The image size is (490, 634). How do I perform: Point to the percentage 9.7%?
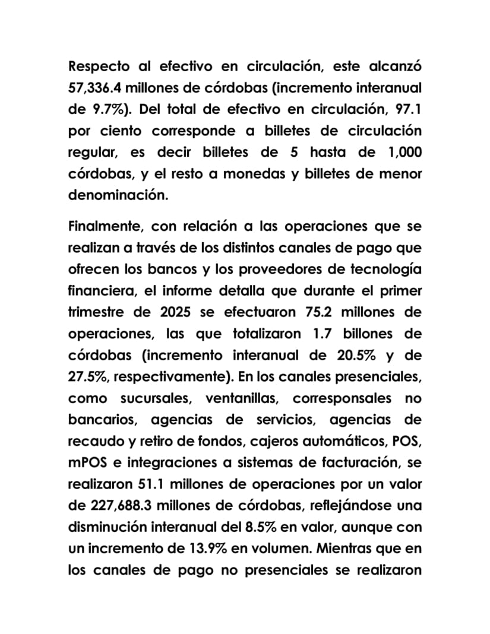[x=109, y=109]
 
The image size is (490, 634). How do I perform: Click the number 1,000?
[x=403, y=152]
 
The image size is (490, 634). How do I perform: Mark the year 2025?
[x=176, y=312]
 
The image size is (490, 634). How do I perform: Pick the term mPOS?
[x=87, y=462]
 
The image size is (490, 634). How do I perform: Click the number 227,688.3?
[x=128, y=505]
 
